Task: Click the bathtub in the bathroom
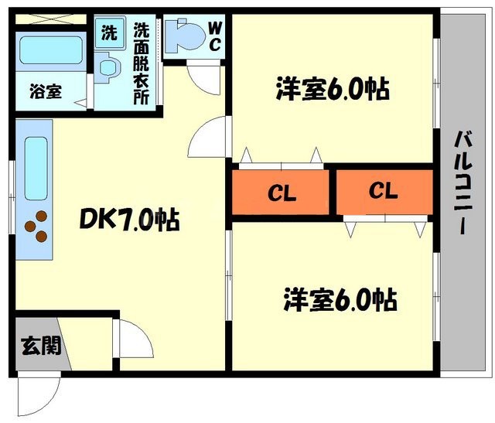click(x=51, y=49)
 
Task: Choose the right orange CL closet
click(x=384, y=191)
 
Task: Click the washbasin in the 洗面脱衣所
click(x=109, y=68)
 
